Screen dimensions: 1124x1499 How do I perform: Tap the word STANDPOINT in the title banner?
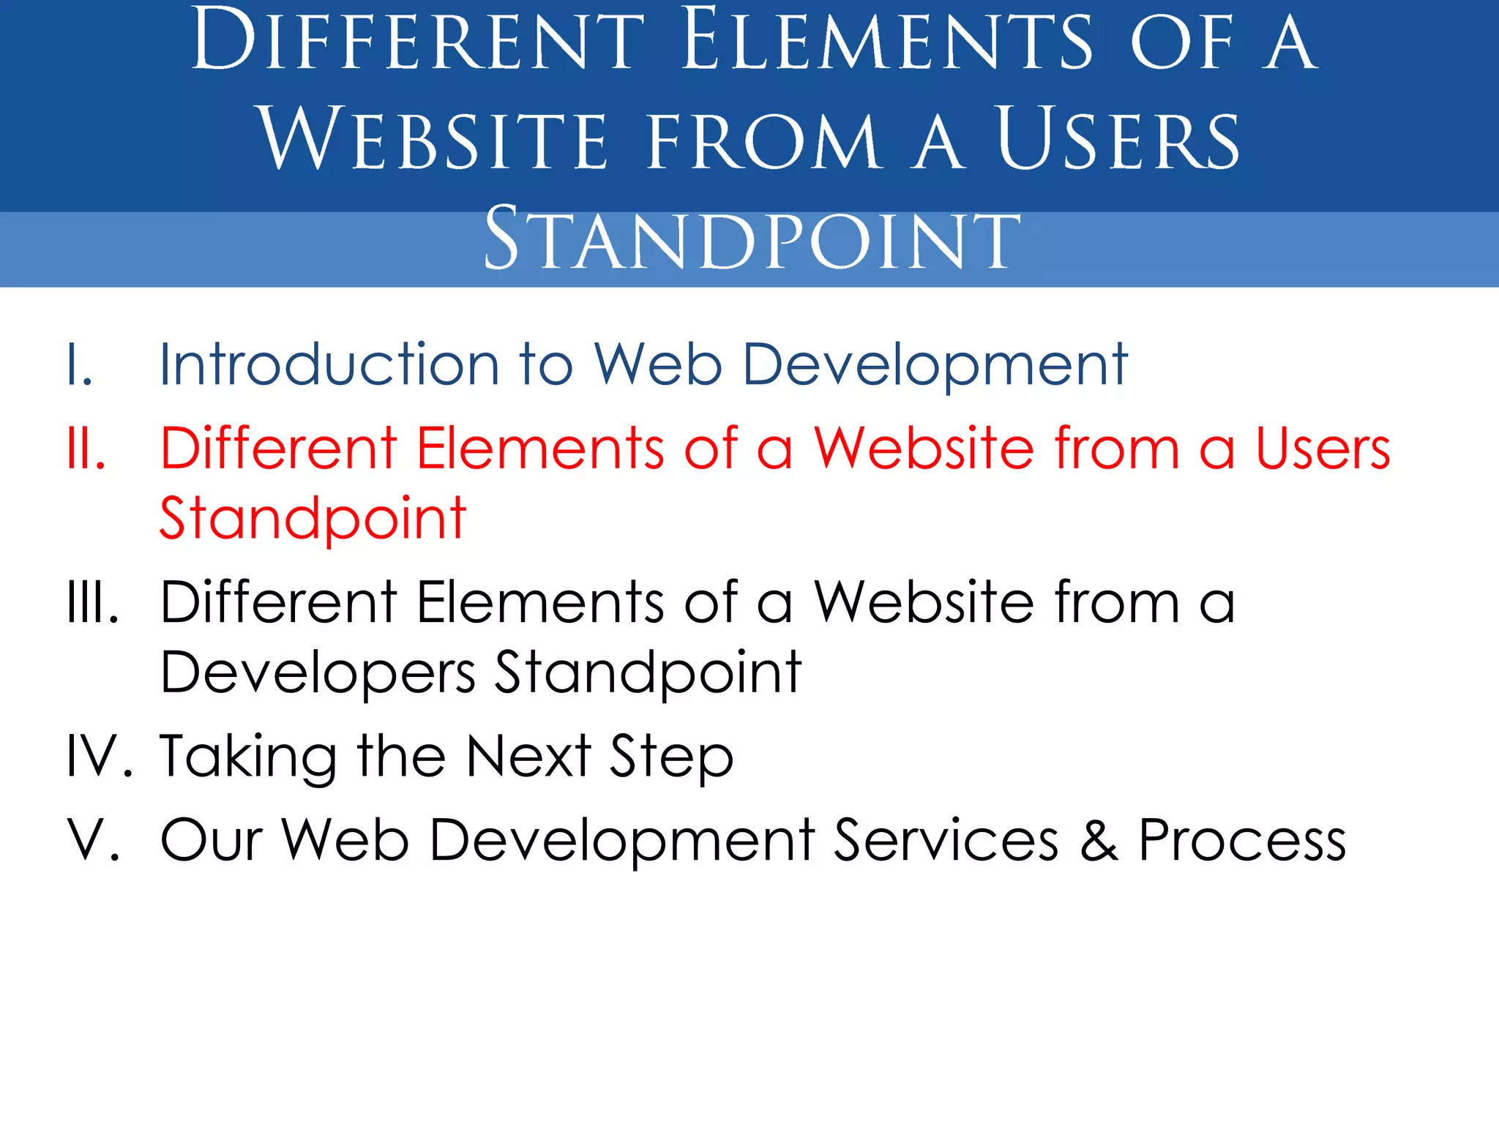(752, 239)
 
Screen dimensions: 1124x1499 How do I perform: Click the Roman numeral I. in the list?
(80, 364)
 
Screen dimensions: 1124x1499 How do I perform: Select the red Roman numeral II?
(86, 448)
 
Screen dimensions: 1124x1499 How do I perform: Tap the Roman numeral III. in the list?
(92, 602)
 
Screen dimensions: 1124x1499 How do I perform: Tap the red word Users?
(1323, 448)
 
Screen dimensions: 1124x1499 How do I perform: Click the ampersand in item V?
(1099, 840)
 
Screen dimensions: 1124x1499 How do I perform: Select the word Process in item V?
(1242, 840)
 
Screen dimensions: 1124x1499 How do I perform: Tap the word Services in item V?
(946, 840)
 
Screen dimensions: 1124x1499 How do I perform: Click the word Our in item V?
(212, 840)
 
